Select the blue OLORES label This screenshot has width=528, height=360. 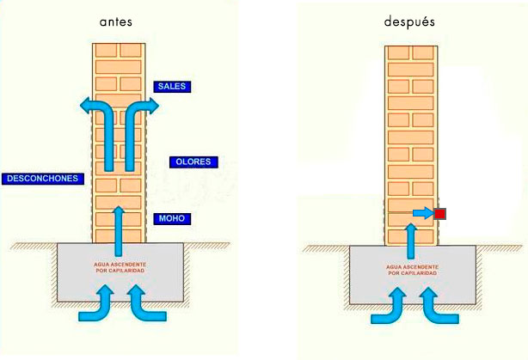coord(194,162)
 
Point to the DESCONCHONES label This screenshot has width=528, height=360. coord(42,179)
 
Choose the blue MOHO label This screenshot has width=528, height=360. coord(172,219)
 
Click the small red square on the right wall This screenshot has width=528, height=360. coord(439,213)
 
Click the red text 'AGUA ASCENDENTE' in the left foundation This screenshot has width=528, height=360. coord(119,265)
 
